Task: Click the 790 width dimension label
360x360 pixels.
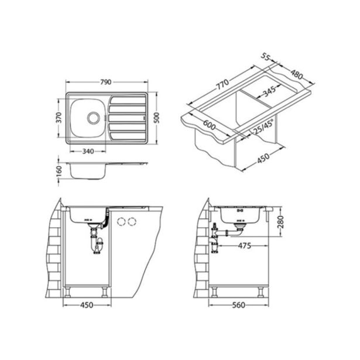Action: [x=106, y=82]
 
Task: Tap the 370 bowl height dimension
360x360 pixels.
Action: [x=59, y=118]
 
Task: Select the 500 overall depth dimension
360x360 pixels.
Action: [x=157, y=118]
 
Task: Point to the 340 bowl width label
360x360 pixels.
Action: [x=88, y=151]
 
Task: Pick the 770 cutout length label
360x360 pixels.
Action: [x=222, y=84]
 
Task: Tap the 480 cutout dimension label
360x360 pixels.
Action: [x=297, y=74]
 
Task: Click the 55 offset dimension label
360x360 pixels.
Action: [x=265, y=57]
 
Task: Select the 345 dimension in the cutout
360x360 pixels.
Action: [x=269, y=92]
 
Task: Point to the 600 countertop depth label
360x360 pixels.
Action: [x=210, y=125]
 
